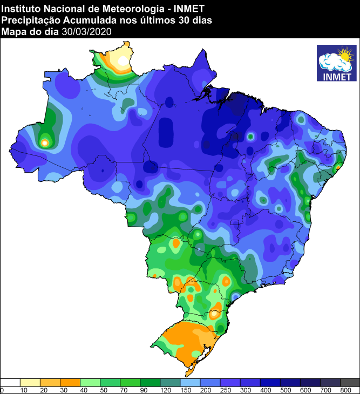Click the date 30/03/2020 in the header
(x=86, y=31)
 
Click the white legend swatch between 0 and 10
(x=11, y=382)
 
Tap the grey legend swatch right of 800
(x=350, y=382)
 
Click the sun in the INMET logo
(x=344, y=55)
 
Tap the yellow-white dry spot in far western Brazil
(x=45, y=142)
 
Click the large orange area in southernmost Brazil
(x=186, y=340)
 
